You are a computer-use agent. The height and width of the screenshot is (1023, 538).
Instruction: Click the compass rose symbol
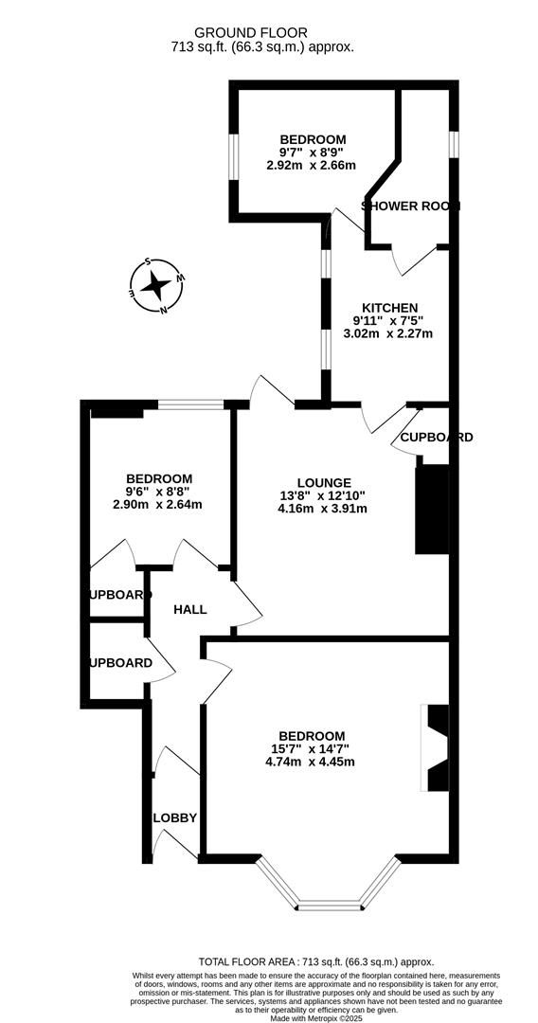click(156, 284)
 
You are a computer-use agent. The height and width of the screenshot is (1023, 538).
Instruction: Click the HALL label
click(189, 609)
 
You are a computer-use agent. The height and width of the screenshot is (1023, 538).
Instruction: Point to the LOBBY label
click(175, 817)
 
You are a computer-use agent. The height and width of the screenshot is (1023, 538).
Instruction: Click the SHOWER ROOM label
click(410, 206)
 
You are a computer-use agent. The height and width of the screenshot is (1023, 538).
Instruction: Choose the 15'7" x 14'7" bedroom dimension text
click(311, 749)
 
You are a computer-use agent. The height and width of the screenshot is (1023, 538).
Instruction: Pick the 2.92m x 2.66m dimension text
click(312, 166)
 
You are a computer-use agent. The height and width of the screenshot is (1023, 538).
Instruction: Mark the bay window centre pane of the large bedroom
click(327, 906)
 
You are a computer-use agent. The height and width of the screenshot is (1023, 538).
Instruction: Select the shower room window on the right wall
click(454, 142)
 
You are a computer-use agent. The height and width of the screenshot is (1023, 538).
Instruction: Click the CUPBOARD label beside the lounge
click(437, 438)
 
